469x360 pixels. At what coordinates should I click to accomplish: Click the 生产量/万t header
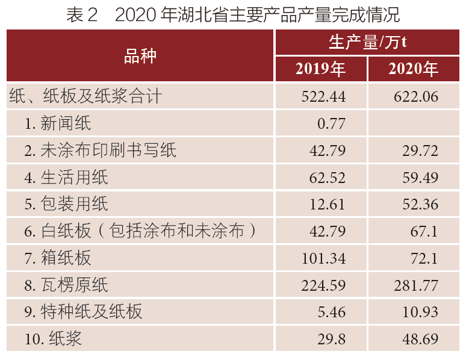(x=367, y=42)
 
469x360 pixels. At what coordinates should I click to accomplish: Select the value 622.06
(x=415, y=96)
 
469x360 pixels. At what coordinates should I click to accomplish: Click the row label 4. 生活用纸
(x=66, y=177)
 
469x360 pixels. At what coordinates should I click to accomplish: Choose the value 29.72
(x=420, y=151)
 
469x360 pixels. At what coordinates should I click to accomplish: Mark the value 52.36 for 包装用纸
(x=420, y=204)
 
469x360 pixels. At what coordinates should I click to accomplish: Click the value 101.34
(x=323, y=258)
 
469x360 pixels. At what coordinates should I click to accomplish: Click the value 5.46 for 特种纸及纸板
(x=332, y=312)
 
